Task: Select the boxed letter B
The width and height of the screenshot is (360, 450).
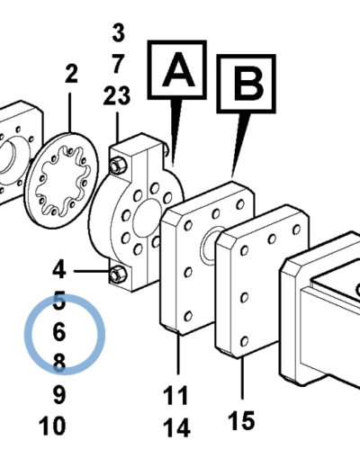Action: pos(246,84)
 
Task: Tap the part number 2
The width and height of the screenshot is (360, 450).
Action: pos(71,73)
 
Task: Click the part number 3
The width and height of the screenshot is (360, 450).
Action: pos(119,32)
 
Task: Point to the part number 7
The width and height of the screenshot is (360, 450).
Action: pos(119,64)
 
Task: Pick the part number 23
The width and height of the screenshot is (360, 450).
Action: pos(117,95)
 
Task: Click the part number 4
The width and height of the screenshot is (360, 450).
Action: pos(59,269)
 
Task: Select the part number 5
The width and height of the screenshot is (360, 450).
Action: pos(59,301)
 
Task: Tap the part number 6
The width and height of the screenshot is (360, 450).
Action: pos(59,332)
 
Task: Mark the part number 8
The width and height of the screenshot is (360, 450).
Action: pos(59,363)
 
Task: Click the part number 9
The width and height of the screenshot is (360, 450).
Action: pos(59,394)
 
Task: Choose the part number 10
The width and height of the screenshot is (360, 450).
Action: pos(52,426)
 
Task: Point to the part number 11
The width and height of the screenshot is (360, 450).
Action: pos(175,395)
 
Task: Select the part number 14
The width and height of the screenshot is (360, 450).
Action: pos(176,427)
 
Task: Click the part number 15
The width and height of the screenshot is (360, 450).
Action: pos(241,420)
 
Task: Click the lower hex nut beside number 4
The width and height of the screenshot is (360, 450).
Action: pos(117,274)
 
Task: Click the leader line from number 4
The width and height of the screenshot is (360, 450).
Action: pos(92,271)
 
